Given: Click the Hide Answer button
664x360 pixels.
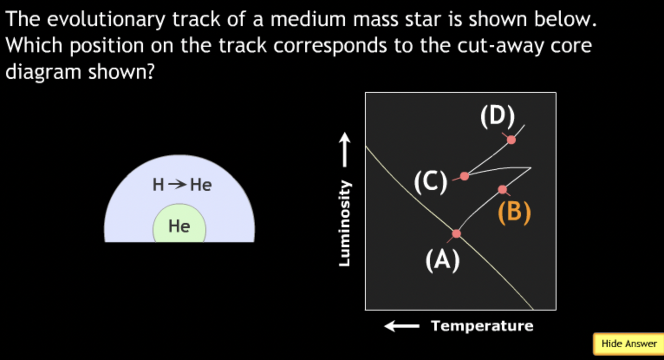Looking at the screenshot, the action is point(628,344).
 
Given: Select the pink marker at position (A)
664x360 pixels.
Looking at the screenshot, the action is point(456,234).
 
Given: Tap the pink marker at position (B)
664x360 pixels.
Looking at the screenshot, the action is point(502,190).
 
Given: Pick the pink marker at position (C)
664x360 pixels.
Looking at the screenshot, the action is point(464,176).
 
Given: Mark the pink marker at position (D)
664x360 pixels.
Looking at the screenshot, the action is point(511,140).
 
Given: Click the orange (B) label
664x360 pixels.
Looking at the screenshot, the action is point(514,213).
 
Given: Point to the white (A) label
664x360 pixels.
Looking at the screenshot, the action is point(443,261).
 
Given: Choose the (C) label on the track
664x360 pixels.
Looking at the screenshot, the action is point(430,182).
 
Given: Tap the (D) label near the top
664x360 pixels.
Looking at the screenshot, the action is point(497,116).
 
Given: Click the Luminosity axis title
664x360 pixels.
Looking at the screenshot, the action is point(344,223).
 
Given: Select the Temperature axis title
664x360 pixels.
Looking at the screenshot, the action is point(482,326).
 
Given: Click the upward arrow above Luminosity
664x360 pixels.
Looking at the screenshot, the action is point(345,150).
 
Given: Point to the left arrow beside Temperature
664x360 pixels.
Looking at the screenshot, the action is point(402,326).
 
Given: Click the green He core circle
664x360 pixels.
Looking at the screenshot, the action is point(179,226).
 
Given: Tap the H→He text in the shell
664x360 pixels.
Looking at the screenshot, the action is point(182,185).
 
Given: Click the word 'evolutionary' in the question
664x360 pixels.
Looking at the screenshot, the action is point(107,20).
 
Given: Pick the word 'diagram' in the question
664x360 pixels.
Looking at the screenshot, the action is point(43,72).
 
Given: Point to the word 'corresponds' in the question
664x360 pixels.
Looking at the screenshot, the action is point(330,46).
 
